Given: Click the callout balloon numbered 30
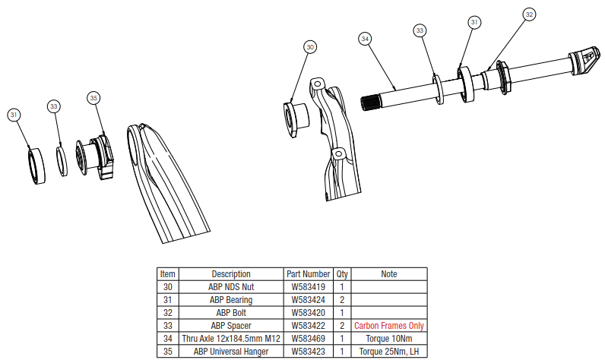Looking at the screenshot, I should click(309, 47).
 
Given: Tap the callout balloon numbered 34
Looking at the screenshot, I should click(366, 37).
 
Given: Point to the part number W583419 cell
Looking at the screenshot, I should click(308, 287).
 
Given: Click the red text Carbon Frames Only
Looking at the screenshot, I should click(389, 326).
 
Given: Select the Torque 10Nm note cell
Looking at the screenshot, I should click(389, 339).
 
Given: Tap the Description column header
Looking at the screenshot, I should click(231, 274).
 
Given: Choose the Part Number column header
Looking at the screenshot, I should click(308, 274).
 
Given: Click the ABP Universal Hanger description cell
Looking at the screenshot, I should click(231, 352).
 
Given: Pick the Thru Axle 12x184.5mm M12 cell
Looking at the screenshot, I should click(231, 339).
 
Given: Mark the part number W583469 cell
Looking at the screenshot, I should click(308, 339).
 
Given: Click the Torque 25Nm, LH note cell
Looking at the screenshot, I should click(389, 352).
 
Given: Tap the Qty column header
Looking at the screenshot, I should click(342, 274).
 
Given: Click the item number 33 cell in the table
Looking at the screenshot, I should click(168, 326).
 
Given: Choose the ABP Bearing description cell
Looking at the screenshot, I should click(231, 300).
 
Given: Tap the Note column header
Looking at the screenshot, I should click(389, 274).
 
